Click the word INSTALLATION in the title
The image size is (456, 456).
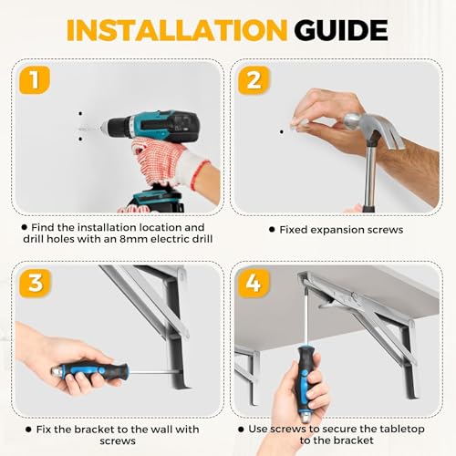[x=177, y=30]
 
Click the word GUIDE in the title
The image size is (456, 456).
[x=341, y=30]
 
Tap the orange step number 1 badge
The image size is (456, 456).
[x=35, y=80]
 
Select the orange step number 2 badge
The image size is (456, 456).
[x=254, y=80]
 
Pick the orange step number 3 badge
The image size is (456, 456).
[x=35, y=283]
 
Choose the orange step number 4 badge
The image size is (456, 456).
[x=254, y=283]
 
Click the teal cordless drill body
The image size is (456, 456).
[x=152, y=126]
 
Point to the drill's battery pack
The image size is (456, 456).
[x=155, y=199]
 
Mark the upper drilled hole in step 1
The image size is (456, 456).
[x=80, y=114]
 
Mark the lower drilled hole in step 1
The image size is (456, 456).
[x=80, y=139]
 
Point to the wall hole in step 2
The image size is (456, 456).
[x=282, y=132]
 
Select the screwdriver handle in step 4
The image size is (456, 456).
[x=305, y=386]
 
